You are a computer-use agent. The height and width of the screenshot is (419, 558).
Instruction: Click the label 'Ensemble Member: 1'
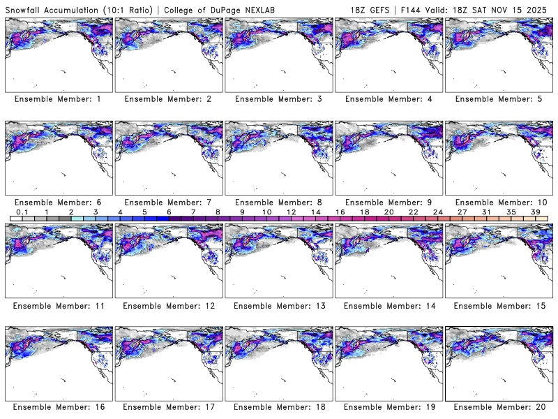tap(58, 99)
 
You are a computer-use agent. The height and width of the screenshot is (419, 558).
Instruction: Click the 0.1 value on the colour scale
tap(22, 212)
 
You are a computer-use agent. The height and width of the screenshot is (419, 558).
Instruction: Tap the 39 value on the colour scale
tap(536, 212)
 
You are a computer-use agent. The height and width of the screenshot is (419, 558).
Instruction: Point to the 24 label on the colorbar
tap(437, 212)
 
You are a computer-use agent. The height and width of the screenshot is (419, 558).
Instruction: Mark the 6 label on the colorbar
tap(169, 212)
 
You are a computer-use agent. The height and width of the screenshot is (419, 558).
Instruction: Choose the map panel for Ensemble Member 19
tap(388, 362)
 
